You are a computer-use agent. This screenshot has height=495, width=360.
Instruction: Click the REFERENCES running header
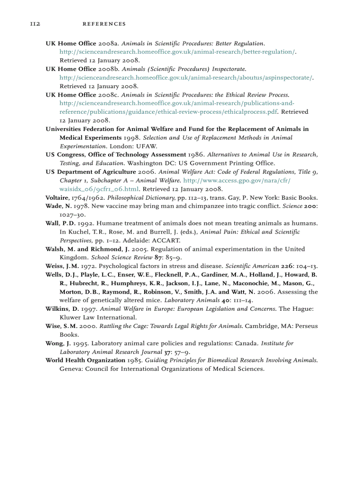tap(104, 24)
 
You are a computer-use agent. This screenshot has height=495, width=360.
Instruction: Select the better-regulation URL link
tap(177, 52)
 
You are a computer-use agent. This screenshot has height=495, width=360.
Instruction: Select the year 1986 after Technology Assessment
tap(196, 155)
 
